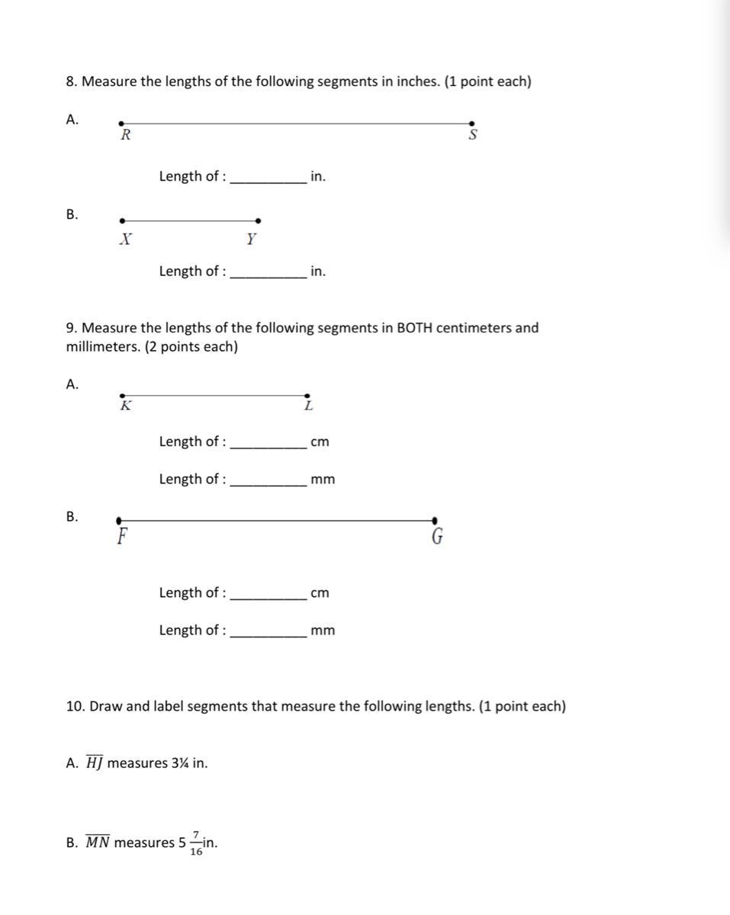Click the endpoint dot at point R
click(x=121, y=123)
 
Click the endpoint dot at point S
click(x=471, y=123)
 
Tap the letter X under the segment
click(x=126, y=239)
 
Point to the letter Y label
click(x=251, y=239)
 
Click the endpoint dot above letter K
click(x=122, y=396)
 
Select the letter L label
click(x=308, y=406)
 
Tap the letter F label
click(x=121, y=537)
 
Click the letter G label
click(x=437, y=537)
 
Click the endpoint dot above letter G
click(x=435, y=520)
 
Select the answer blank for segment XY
click(x=268, y=273)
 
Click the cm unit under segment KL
click(x=320, y=442)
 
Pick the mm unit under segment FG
click(x=323, y=631)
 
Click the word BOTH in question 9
click(x=416, y=328)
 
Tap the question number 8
click(x=71, y=82)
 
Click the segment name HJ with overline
click(x=94, y=762)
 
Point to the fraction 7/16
click(x=196, y=843)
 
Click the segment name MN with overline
click(x=97, y=843)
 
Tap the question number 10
click(x=75, y=706)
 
